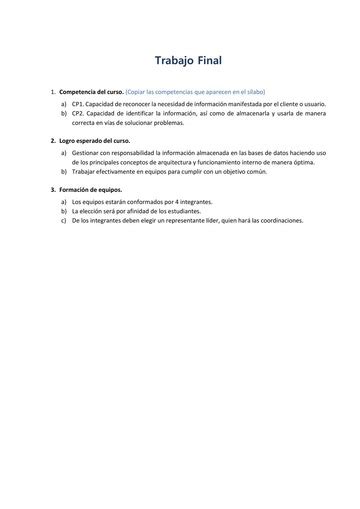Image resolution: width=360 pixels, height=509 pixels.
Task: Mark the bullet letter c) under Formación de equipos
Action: point(64,220)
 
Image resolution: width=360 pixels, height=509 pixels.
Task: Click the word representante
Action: point(174,220)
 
